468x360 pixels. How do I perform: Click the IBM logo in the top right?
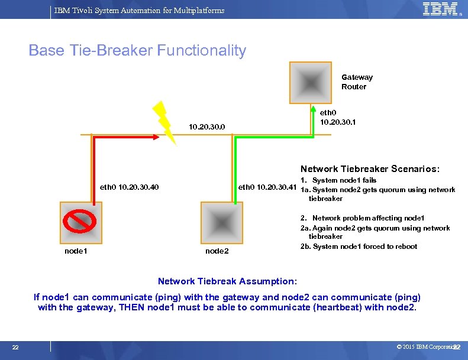(x=441, y=9)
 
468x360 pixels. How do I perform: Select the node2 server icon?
(x=219, y=220)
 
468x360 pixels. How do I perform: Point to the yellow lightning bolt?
(x=164, y=122)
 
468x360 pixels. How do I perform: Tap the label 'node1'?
(x=76, y=251)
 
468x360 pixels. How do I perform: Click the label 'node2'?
(x=217, y=251)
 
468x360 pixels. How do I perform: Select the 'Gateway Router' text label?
(x=356, y=82)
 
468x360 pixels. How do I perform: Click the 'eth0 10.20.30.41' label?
(x=267, y=188)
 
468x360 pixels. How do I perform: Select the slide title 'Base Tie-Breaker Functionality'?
(x=137, y=51)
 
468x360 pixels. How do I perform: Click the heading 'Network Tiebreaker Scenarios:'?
(x=370, y=168)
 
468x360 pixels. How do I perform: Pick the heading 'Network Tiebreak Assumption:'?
(x=228, y=281)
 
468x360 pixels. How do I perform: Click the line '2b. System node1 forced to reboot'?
(x=359, y=247)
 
